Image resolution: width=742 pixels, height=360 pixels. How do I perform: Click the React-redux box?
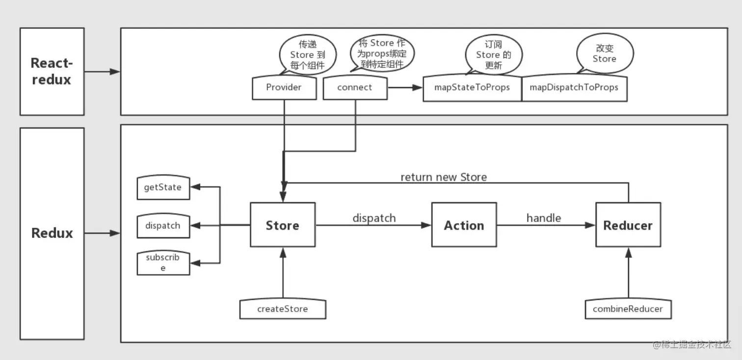[52, 72]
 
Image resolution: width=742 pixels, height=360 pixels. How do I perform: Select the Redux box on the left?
[52, 233]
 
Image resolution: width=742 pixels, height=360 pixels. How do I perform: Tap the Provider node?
[284, 88]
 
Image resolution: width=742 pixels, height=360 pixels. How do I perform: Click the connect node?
[355, 88]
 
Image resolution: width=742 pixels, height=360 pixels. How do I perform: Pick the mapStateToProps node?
[472, 88]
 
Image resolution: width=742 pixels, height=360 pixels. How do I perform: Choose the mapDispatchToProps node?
[574, 88]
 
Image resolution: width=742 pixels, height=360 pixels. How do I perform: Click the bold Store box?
[283, 225]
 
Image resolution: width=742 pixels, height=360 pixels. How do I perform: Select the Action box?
[464, 225]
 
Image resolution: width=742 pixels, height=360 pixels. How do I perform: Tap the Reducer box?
[628, 225]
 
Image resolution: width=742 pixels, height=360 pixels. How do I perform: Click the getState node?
[163, 187]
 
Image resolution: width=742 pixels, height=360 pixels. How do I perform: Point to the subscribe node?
[163, 262]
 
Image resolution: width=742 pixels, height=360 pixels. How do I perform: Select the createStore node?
[283, 309]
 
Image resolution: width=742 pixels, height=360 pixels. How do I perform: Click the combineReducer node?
[628, 309]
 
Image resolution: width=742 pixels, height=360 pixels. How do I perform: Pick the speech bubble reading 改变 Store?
[605, 54]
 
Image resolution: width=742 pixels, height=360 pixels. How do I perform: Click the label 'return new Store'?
[444, 177]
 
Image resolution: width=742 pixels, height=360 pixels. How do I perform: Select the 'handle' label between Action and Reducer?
[544, 217]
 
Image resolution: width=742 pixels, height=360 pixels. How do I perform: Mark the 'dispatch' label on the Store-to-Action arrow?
[374, 217]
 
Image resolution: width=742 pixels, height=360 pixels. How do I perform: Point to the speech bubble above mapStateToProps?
[493, 54]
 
